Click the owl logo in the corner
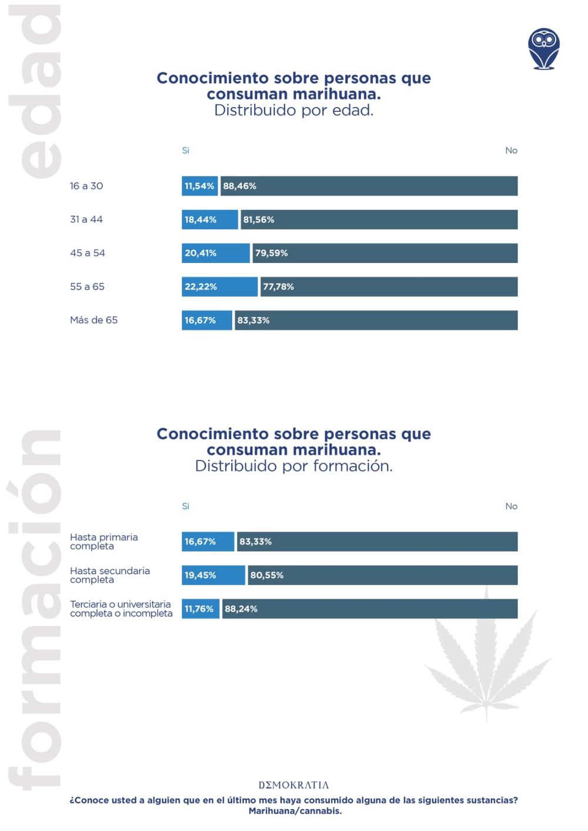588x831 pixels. coord(543,49)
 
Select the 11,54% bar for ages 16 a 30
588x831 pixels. coord(200,186)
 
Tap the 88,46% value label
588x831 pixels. coord(239,186)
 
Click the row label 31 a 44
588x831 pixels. coord(86,219)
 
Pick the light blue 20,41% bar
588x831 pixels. coord(216,253)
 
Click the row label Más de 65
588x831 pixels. coord(94,320)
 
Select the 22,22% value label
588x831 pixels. coord(201,286)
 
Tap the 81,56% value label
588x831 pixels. coord(259,219)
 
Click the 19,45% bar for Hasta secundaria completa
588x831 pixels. coord(213,575)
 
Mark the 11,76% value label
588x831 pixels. coord(199,609)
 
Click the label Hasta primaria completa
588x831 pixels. coord(104,541)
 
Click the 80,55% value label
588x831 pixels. coord(267,575)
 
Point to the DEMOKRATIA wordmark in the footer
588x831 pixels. coord(294,785)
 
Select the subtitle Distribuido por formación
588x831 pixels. coord(294,466)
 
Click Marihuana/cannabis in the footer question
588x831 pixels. coord(295,811)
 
